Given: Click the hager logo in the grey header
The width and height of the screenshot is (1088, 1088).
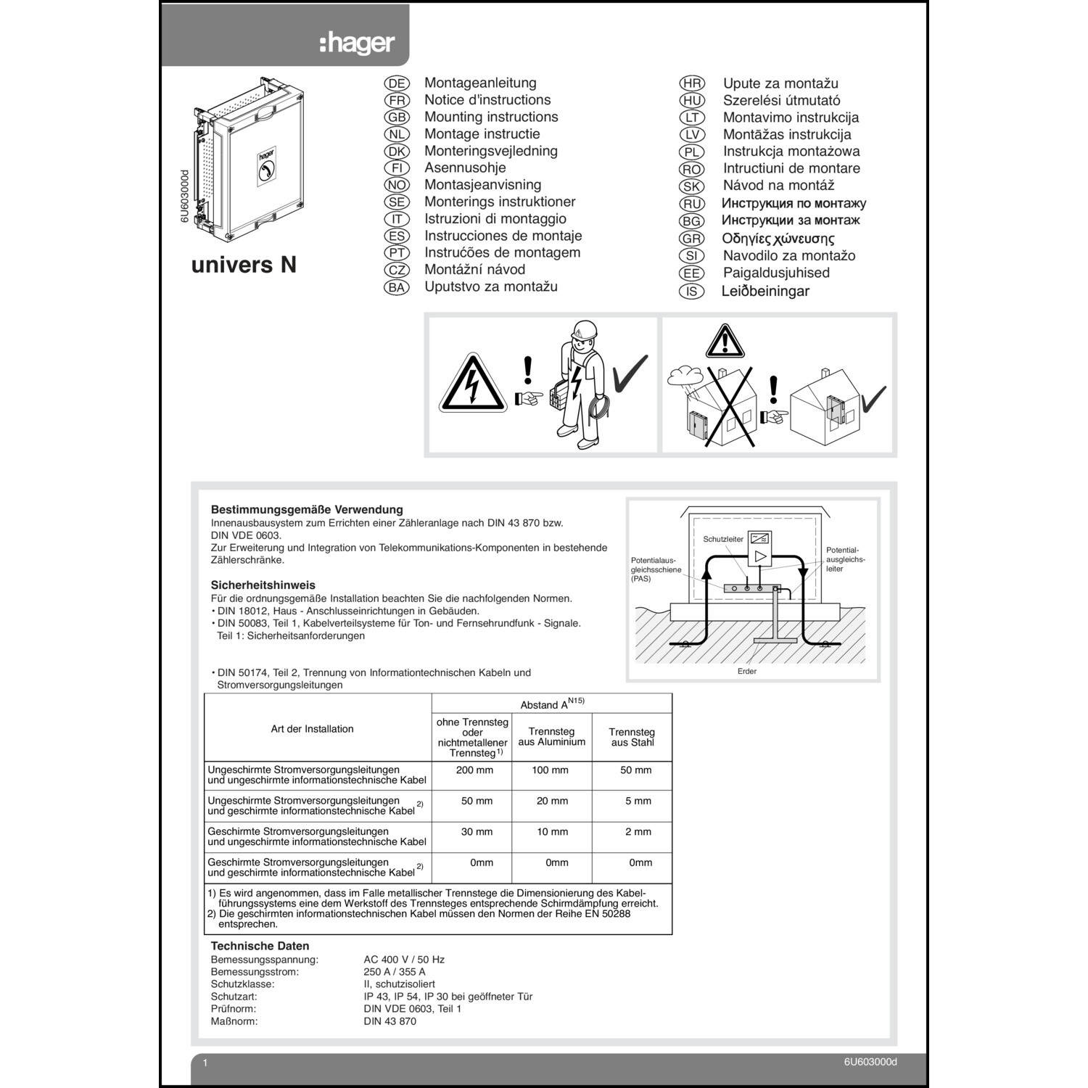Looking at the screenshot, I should pyautogui.click(x=357, y=43).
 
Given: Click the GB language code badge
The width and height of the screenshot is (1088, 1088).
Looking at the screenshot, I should pyautogui.click(x=397, y=118).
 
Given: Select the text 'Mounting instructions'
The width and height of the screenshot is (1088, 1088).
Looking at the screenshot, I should pyautogui.click(x=491, y=117).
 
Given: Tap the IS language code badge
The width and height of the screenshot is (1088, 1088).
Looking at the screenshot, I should pyautogui.click(x=691, y=292).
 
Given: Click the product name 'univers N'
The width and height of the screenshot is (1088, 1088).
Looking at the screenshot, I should pyautogui.click(x=244, y=265).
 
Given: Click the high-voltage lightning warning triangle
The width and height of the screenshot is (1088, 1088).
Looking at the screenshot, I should pyautogui.click(x=472, y=384).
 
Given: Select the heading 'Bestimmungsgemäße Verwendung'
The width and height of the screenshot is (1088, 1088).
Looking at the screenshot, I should pyautogui.click(x=307, y=510).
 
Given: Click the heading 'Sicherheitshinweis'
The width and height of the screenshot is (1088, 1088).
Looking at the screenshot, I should pyautogui.click(x=263, y=585).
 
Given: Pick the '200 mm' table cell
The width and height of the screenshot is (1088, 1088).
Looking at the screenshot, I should pyautogui.click(x=474, y=770).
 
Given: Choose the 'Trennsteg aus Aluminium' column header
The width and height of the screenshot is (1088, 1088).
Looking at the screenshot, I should pyautogui.click(x=551, y=737).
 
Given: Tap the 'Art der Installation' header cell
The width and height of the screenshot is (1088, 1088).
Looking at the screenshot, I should pyautogui.click(x=312, y=729).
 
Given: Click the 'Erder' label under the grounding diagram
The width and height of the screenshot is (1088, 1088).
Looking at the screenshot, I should pyautogui.click(x=746, y=672).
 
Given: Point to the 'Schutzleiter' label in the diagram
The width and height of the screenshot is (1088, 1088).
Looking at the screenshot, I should pyautogui.click(x=723, y=540).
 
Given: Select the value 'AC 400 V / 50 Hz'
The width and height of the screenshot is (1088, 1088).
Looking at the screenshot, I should pyautogui.click(x=404, y=960).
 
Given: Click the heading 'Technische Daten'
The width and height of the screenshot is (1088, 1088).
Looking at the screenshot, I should pyautogui.click(x=260, y=946).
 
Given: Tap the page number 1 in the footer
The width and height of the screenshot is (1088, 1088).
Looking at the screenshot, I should pyautogui.click(x=205, y=1063).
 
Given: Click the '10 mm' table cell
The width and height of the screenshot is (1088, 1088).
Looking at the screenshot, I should pyautogui.click(x=552, y=832).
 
